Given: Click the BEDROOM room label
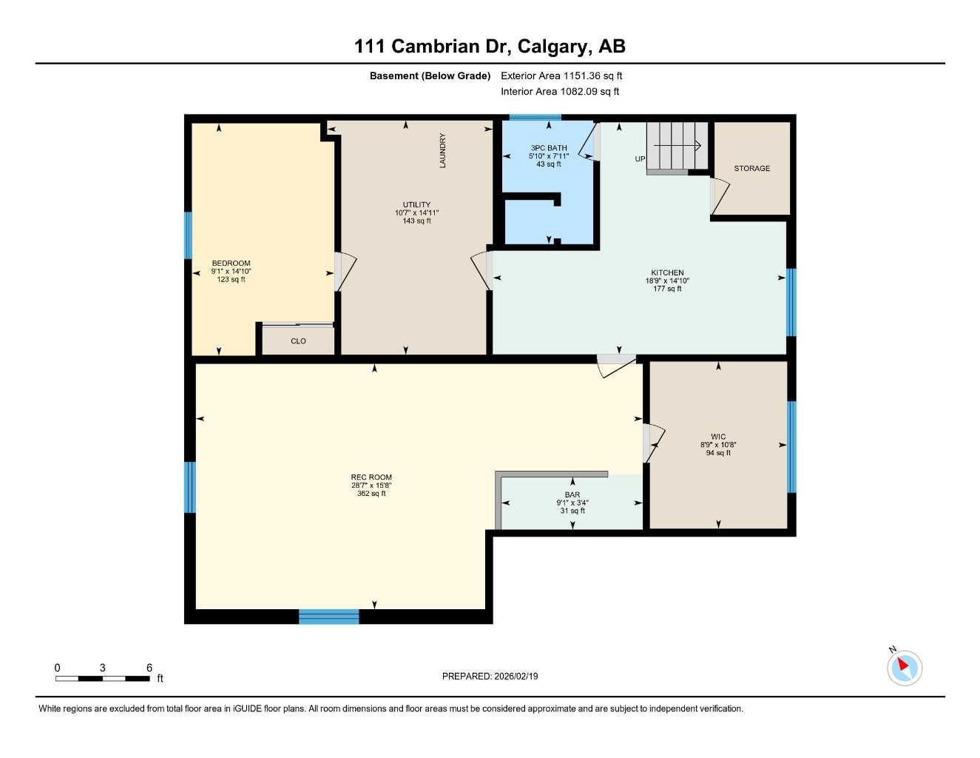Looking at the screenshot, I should [231, 263].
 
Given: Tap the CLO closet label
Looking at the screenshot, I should [298, 341].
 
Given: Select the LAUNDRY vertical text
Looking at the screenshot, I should [443, 150].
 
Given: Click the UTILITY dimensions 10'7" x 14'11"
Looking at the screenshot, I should [416, 213].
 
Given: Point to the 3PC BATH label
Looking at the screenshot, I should [549, 148].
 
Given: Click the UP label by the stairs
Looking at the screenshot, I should [640, 159].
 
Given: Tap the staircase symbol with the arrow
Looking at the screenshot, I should [677, 147].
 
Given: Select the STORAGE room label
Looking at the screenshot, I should [751, 169].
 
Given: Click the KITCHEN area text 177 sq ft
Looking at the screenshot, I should [667, 289].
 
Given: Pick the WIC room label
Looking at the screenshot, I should [718, 437].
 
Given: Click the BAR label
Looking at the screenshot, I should [572, 494].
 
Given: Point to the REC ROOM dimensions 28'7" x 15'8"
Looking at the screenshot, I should [371, 486].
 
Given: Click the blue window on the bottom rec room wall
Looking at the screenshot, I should [329, 617].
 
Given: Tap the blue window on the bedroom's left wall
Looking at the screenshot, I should [188, 235].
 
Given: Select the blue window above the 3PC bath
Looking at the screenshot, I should [535, 117].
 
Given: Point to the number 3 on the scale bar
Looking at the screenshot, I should [103, 668].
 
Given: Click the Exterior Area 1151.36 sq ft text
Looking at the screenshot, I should [561, 76].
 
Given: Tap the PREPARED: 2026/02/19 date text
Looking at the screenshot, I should [490, 676].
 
